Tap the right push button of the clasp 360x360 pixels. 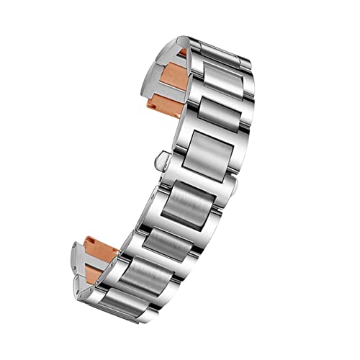[235, 186]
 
